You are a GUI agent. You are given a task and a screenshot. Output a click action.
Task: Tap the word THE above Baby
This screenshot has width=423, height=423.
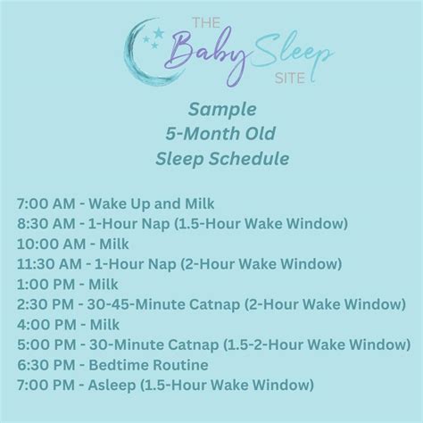pyautogui.click(x=206, y=23)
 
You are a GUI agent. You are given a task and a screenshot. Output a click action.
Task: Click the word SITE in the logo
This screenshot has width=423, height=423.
pyautogui.click(x=290, y=79)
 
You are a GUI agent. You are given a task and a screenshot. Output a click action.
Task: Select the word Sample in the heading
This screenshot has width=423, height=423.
pyautogui.click(x=222, y=110)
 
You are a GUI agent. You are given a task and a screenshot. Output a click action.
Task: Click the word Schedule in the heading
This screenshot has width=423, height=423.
pyautogui.click(x=249, y=158)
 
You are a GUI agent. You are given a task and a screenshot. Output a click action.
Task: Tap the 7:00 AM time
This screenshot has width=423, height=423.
pyautogui.click(x=46, y=203)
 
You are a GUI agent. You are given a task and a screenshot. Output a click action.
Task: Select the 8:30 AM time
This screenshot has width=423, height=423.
pyautogui.click(x=46, y=224)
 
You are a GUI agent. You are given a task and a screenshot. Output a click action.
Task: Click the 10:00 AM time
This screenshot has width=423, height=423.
pyautogui.click(x=51, y=244)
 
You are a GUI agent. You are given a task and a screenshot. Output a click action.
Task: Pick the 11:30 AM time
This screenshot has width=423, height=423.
pyautogui.click(x=49, y=264)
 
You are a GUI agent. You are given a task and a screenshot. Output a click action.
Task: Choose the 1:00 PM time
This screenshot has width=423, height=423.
pyautogui.click(x=46, y=285)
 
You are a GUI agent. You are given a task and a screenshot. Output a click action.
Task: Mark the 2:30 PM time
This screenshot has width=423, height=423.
pyautogui.click(x=46, y=304)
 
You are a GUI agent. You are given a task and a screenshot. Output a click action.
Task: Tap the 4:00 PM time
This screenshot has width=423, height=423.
pyautogui.click(x=46, y=325)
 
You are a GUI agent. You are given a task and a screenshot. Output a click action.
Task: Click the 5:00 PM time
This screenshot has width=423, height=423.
pyautogui.click(x=46, y=344)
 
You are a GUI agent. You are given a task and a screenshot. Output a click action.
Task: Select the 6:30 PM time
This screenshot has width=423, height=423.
pyautogui.click(x=46, y=365)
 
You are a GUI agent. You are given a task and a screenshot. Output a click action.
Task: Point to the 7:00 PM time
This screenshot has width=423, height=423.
pyautogui.click(x=46, y=385)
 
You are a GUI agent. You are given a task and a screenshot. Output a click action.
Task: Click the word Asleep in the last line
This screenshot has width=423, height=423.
pyautogui.click(x=112, y=386)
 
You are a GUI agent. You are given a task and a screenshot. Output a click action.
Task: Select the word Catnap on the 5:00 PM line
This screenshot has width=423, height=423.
pyautogui.click(x=194, y=345)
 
